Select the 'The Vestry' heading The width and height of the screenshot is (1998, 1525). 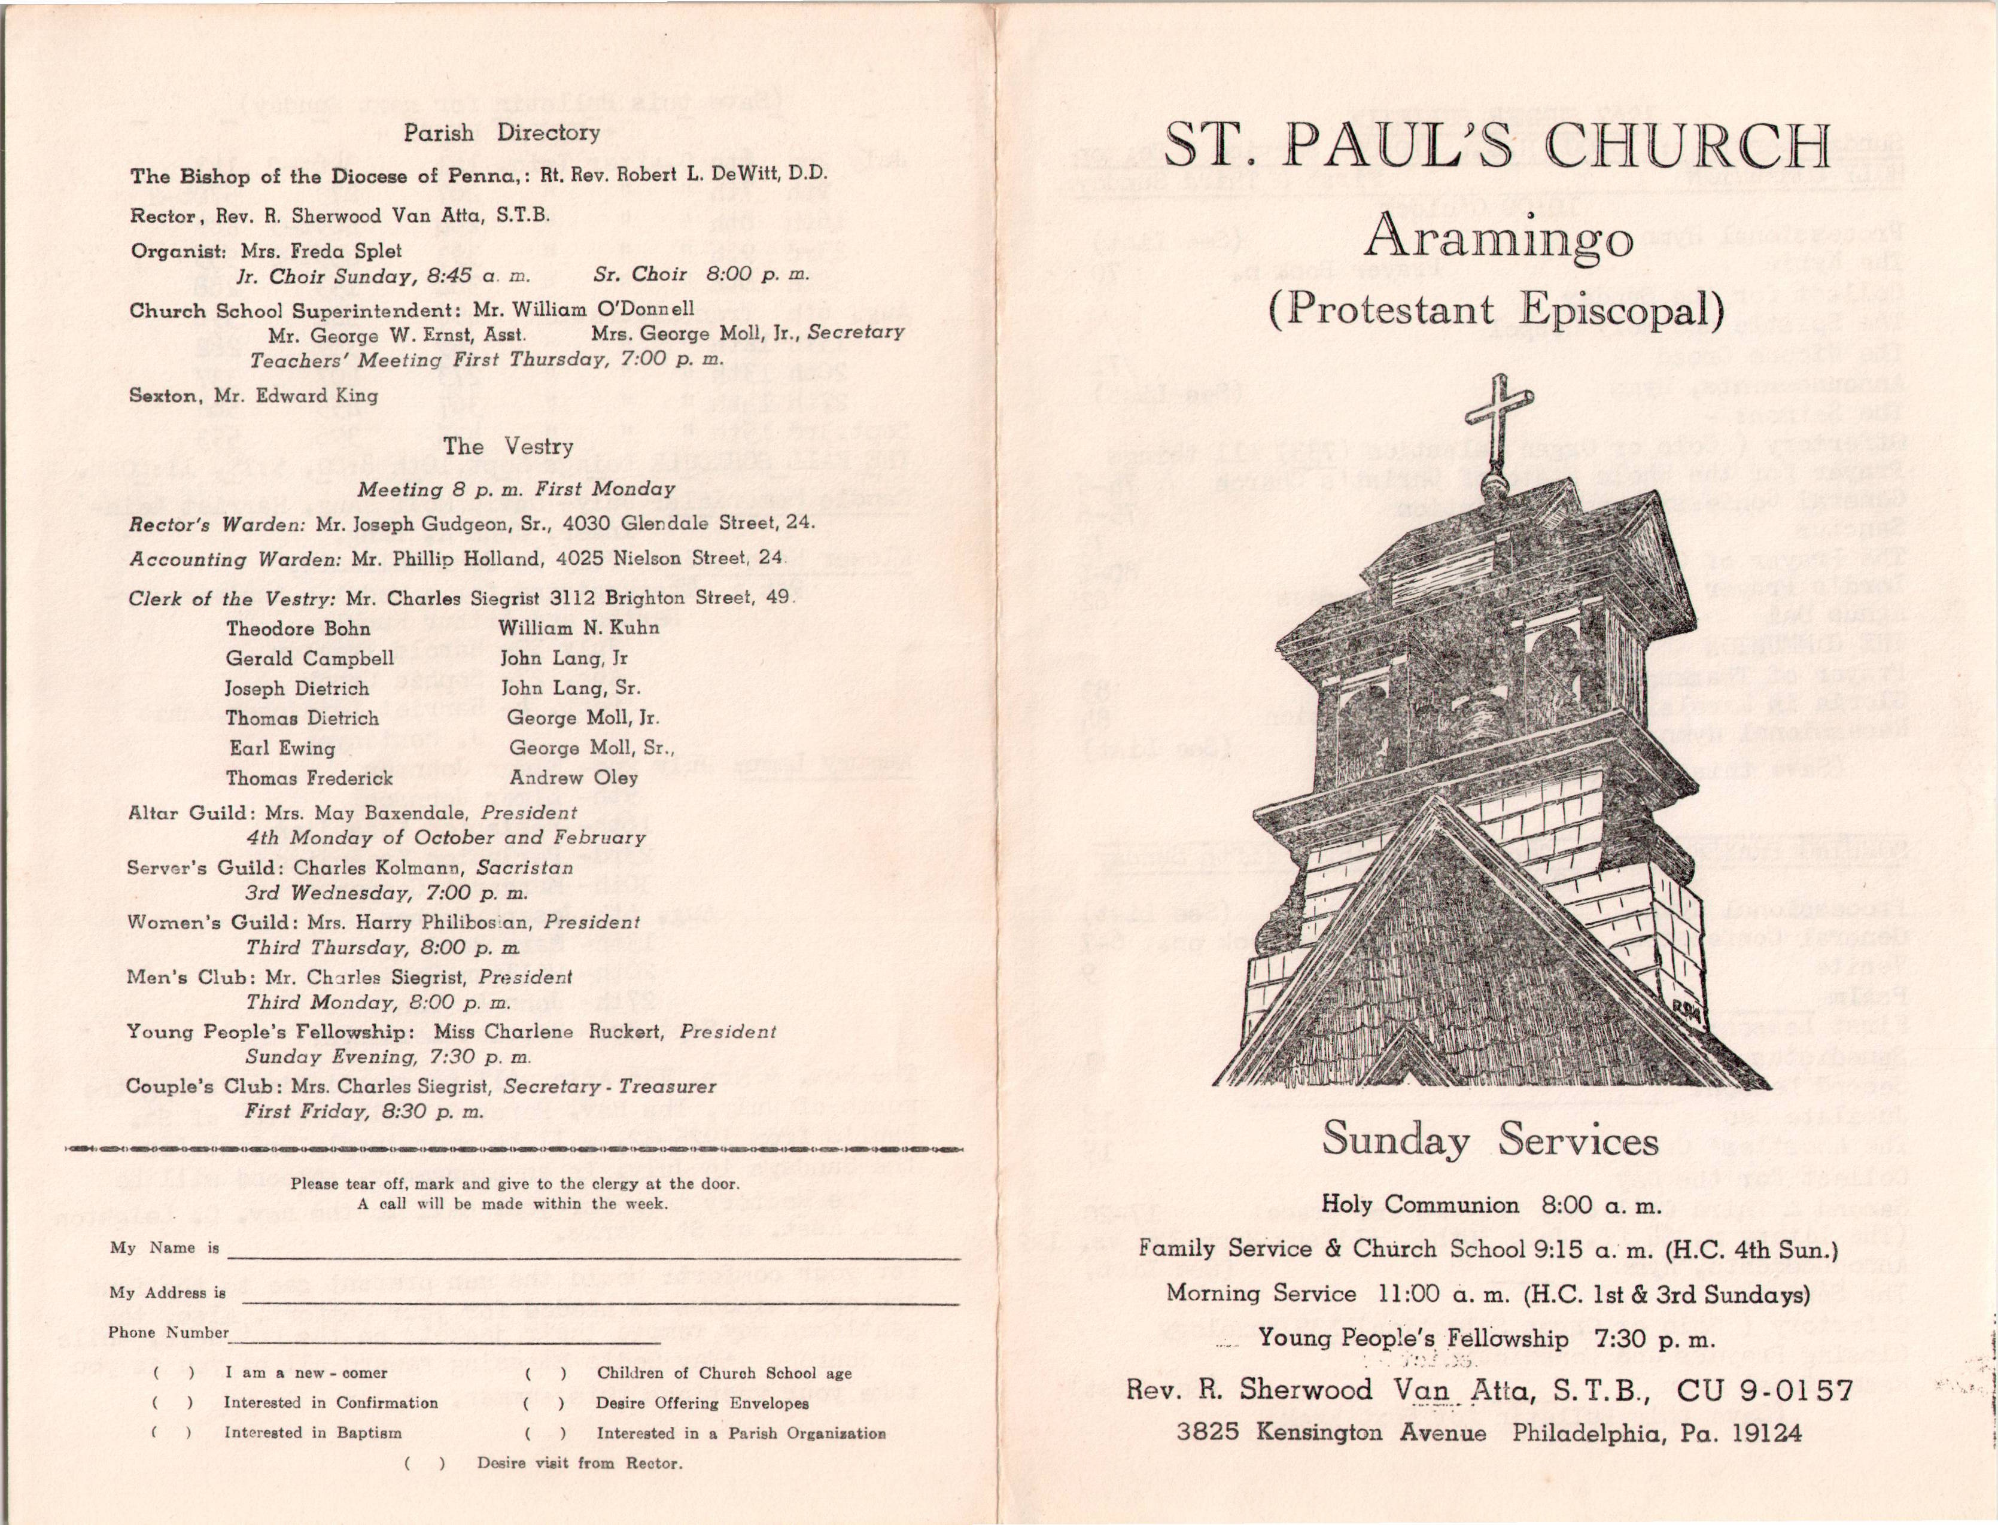[x=509, y=446]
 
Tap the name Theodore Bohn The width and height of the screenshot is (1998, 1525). [x=298, y=628]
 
